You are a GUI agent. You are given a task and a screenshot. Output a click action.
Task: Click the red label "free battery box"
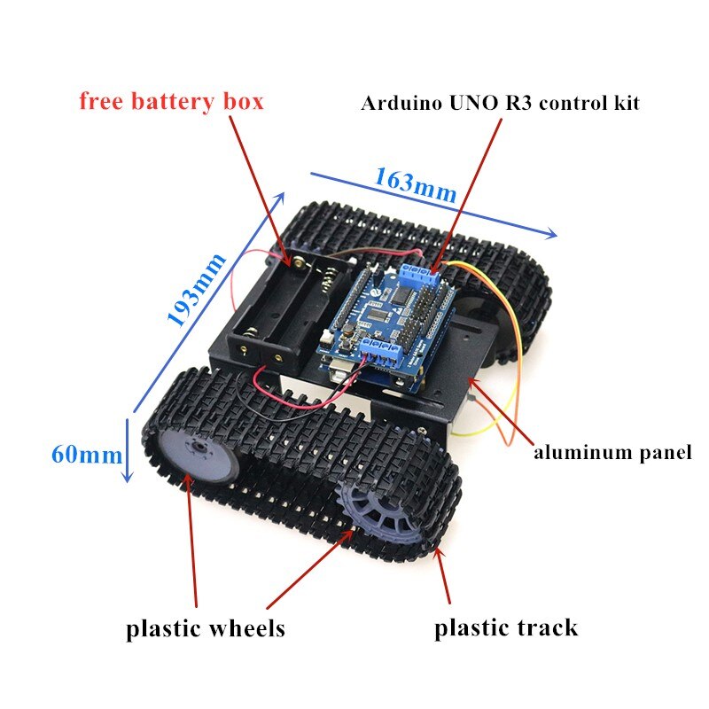[x=171, y=101]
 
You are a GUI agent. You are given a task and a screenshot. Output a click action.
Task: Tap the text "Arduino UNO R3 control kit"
[x=500, y=103]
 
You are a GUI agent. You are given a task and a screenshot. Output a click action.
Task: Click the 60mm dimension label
[x=86, y=455]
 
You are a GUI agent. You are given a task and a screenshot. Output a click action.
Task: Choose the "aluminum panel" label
[x=612, y=453]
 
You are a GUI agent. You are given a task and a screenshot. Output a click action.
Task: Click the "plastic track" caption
[x=505, y=627]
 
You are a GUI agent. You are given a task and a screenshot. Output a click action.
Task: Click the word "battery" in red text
[x=177, y=101]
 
